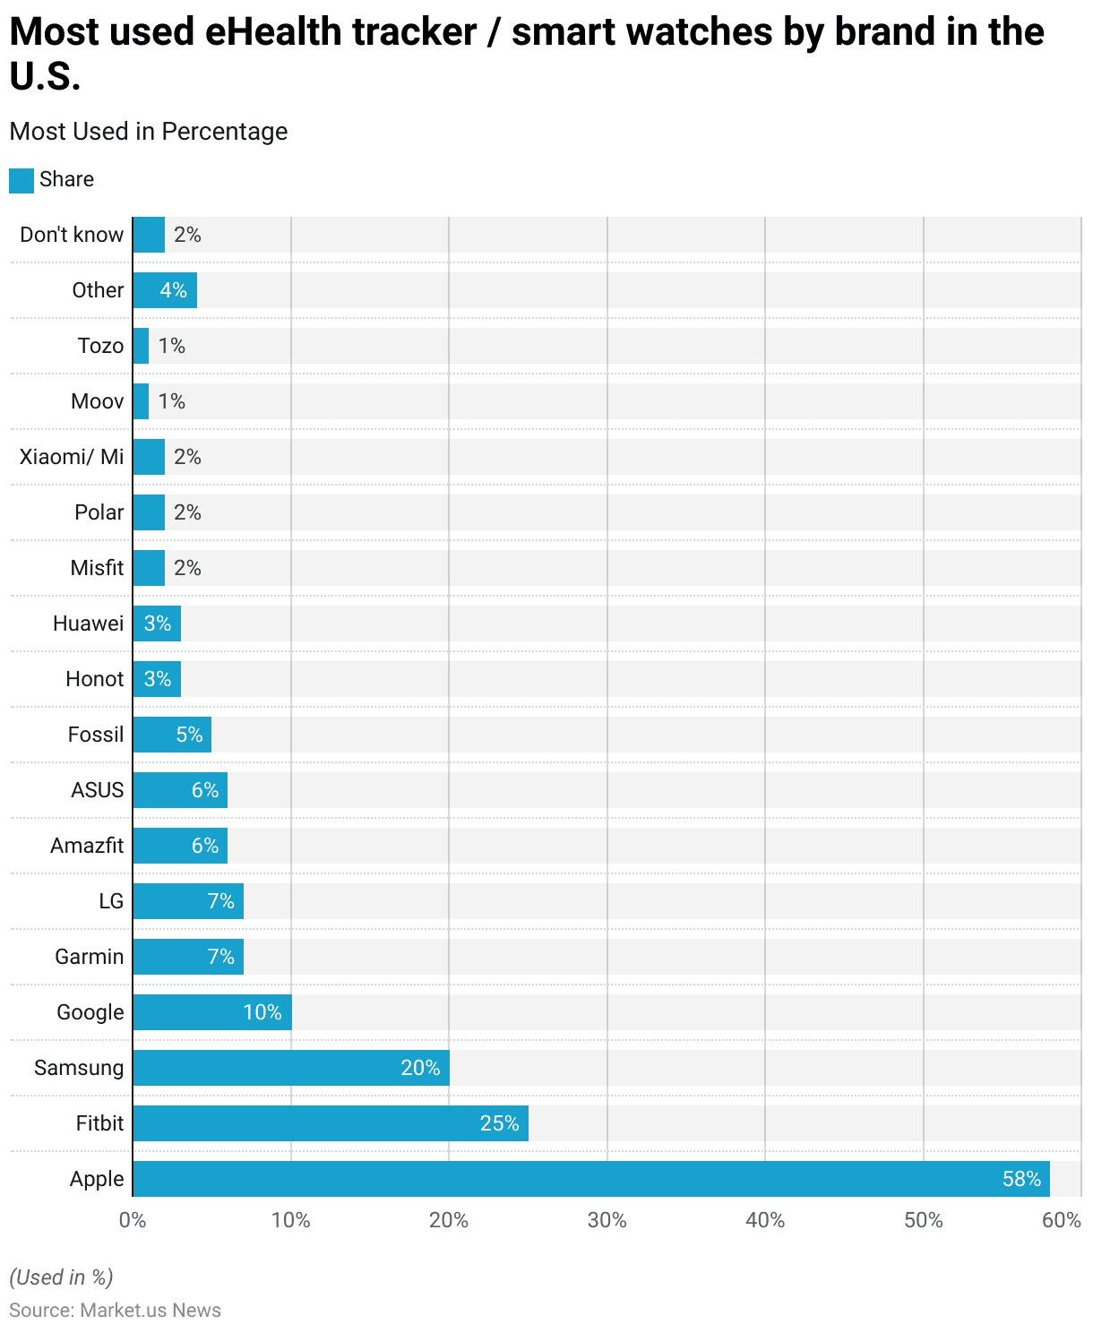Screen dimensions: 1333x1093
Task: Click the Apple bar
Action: (x=591, y=1179)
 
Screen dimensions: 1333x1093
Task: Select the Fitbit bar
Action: (x=331, y=1123)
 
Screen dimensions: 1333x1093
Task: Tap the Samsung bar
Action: (x=291, y=1068)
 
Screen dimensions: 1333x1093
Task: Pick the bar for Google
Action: (x=212, y=1012)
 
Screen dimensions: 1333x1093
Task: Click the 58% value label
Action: (x=1021, y=1179)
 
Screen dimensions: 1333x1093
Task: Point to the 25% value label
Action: (x=499, y=1123)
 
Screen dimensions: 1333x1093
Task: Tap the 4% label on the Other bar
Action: (x=173, y=290)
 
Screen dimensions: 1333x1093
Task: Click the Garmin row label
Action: (x=90, y=957)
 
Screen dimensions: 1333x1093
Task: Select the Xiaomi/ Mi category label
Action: (x=72, y=457)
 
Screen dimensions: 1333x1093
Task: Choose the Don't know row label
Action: (x=72, y=235)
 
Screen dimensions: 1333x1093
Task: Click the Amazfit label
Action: (x=87, y=846)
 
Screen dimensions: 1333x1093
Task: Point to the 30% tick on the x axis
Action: (x=607, y=1220)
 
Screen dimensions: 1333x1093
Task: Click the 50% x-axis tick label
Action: (x=923, y=1220)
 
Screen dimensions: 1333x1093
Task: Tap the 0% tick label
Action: (x=133, y=1220)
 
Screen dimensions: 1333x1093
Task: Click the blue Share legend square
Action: (x=22, y=180)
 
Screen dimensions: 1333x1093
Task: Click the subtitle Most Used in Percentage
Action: (x=149, y=132)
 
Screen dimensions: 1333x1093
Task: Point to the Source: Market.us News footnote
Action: (x=115, y=1311)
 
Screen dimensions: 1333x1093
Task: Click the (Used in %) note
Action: (x=61, y=1277)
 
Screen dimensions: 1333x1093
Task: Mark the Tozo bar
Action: (x=141, y=346)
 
